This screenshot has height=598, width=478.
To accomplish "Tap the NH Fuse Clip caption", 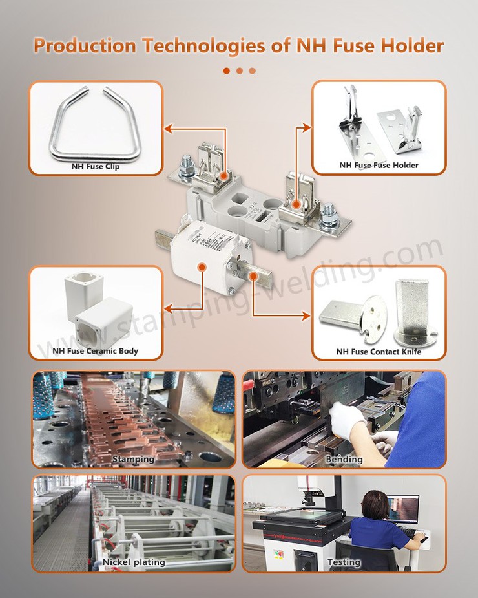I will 95,166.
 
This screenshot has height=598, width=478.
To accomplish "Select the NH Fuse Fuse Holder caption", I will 379,166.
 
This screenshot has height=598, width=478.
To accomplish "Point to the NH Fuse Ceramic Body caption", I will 95,352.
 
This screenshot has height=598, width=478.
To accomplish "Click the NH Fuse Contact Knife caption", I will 379,352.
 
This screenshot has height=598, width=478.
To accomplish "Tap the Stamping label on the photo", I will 134,459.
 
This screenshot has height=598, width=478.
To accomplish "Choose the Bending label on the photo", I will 344,459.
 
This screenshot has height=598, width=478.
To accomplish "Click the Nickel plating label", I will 134,562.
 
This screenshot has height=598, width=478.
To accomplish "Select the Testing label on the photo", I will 344,562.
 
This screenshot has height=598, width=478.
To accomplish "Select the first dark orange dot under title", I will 226,70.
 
